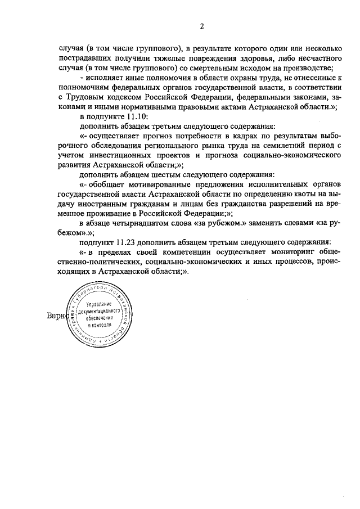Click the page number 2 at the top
(201, 25)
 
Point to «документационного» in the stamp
(99, 310)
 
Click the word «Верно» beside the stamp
(57, 316)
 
